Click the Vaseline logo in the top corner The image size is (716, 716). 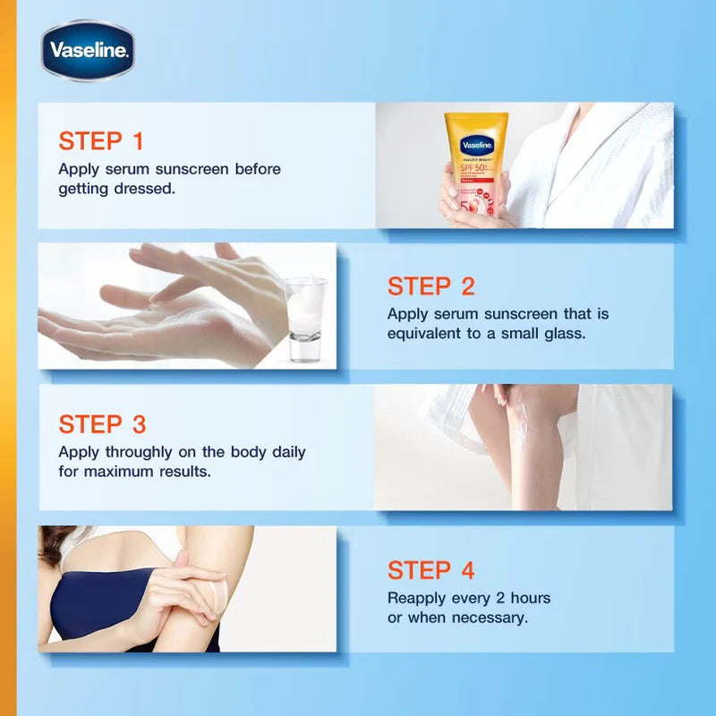(x=88, y=50)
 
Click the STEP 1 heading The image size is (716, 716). (x=100, y=141)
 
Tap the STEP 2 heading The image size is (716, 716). (x=430, y=286)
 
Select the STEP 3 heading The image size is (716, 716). (x=102, y=424)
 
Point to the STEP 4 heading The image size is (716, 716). (x=430, y=570)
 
